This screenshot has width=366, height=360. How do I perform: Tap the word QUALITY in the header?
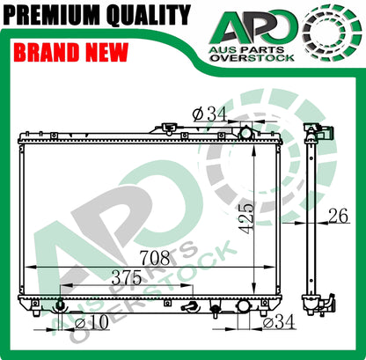[x=149, y=15]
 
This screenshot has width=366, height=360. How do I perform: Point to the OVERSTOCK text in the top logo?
[x=252, y=57]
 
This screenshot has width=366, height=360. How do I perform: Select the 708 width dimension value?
[x=155, y=258]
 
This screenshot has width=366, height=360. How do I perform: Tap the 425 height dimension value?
[x=245, y=218]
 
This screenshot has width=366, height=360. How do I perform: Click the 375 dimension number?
[x=127, y=277]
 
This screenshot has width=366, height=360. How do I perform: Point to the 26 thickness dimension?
[x=338, y=216]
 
